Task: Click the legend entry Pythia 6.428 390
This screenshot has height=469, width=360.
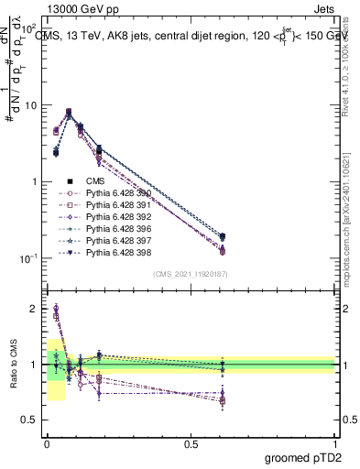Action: click(114, 193)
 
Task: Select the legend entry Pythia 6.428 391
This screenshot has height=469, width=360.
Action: click(114, 205)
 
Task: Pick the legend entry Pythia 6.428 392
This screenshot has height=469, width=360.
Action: click(114, 216)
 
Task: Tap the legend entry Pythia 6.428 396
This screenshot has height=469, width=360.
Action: click(114, 228)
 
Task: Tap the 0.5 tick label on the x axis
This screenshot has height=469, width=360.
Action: click(190, 443)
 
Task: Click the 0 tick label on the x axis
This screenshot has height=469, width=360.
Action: click(47, 443)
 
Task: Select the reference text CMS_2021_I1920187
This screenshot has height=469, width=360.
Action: click(190, 274)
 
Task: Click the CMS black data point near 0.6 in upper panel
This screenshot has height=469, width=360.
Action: click(223, 237)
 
